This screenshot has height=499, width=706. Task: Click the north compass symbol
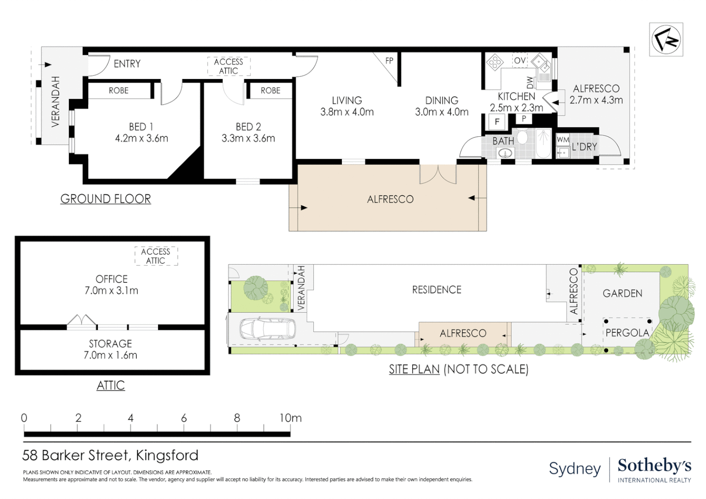pos(666,39)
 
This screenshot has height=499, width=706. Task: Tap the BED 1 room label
pos(141,127)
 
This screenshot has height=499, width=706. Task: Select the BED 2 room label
pos(249,127)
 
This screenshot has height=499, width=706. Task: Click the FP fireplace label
pos(389,61)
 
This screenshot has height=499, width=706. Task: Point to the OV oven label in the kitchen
pos(520,60)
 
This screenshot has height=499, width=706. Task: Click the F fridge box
pos(497,122)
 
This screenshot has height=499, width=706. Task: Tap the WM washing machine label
pos(563,140)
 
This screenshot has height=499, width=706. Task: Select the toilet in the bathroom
pos(522,136)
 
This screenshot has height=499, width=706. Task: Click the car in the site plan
pos(268,329)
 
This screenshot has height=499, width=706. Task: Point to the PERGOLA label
pos(627,333)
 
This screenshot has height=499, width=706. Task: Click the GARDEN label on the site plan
pos(622,293)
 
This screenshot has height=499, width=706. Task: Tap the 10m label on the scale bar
pos(290,418)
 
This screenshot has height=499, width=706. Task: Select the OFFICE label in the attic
pos(111,279)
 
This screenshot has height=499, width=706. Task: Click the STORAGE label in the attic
pos(110,344)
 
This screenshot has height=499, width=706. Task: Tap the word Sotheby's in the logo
pos(654,466)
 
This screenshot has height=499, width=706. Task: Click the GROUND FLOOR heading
pos(106,199)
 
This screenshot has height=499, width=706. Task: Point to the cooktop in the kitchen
pos(494,62)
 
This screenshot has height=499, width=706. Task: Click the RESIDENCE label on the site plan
pos(437,290)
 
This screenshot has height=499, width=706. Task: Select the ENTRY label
pos(127,64)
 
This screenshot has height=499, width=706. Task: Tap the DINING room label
pos(442,101)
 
